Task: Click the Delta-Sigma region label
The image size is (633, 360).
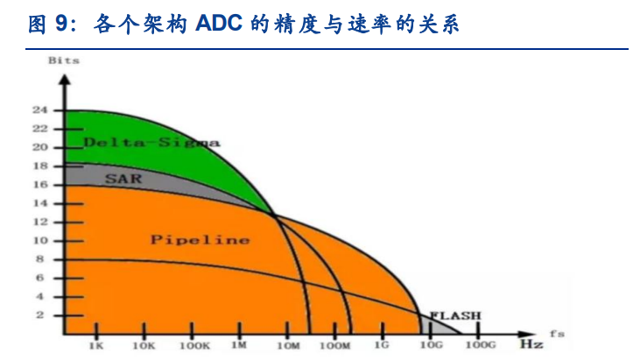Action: [x=151, y=142]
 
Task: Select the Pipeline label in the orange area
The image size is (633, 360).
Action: [x=200, y=239]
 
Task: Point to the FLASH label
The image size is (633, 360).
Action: [x=454, y=314]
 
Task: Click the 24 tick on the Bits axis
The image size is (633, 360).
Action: [x=39, y=110]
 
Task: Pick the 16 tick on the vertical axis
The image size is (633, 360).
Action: [x=39, y=185]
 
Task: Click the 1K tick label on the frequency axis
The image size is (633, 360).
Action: [x=96, y=347]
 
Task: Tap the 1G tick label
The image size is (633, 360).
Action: [x=382, y=347]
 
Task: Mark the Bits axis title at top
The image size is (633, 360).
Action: [x=64, y=60]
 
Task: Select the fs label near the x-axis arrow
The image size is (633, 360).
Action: [x=558, y=333]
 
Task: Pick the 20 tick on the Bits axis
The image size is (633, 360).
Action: [x=39, y=147]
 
